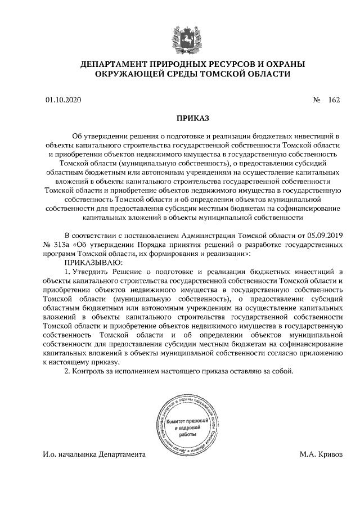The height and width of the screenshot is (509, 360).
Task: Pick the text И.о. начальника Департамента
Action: (x=93, y=454)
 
